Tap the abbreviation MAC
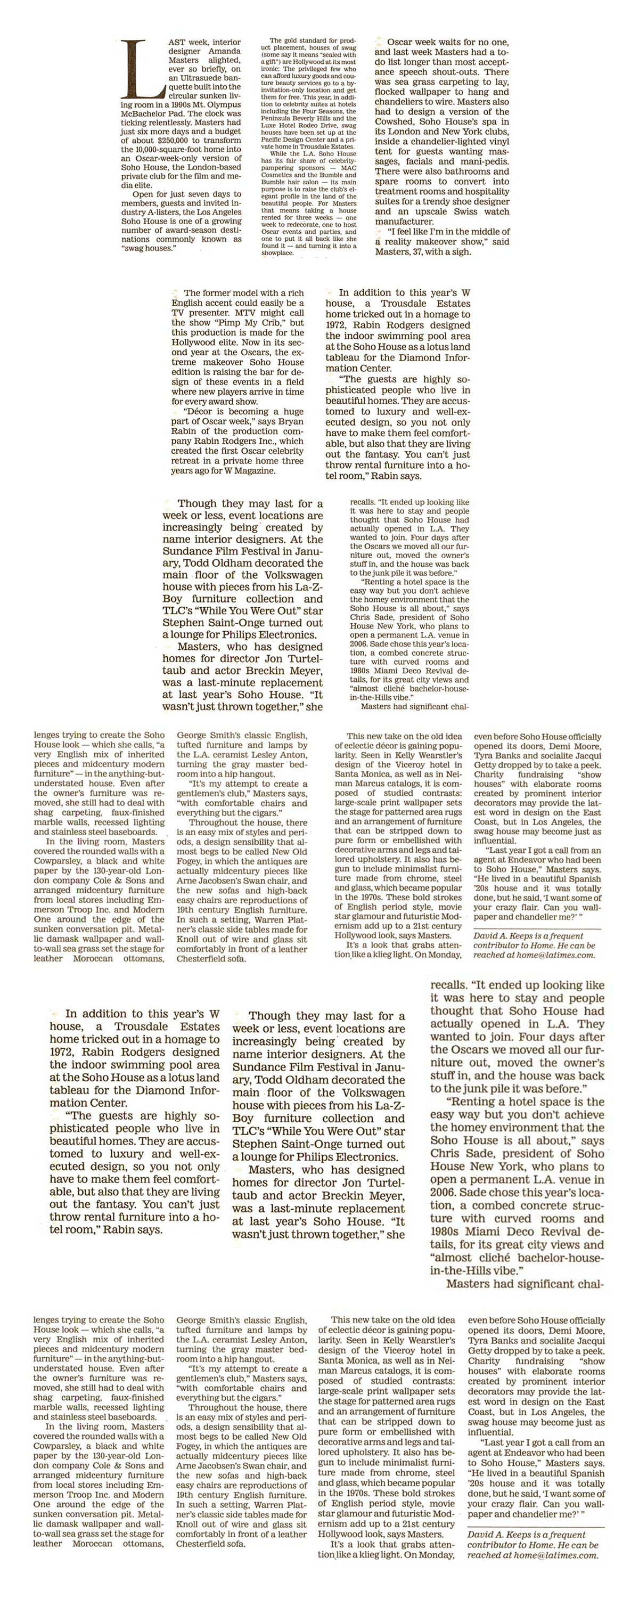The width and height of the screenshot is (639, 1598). tap(349, 167)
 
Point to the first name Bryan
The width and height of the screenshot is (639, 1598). tap(290, 421)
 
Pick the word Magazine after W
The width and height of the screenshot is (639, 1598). tap(254, 471)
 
